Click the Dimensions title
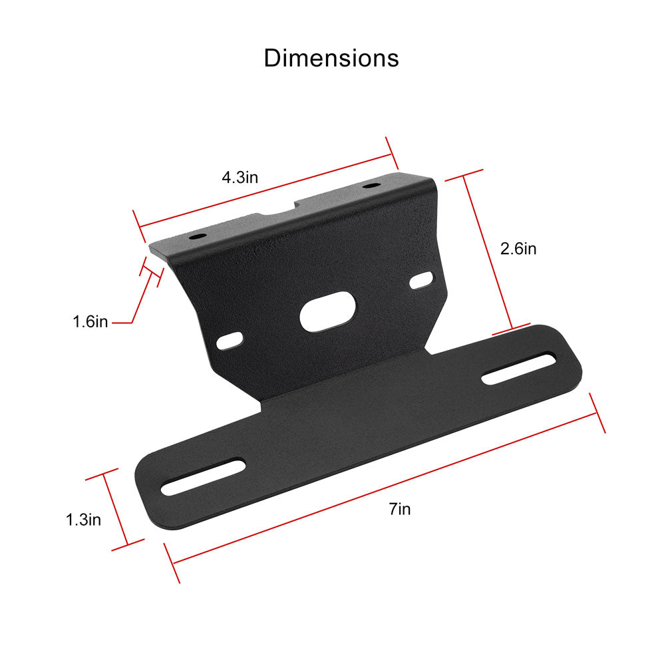pos(331,58)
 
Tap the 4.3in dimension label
pos(240,177)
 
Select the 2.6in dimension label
pos(518,248)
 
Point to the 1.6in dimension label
pos(90,321)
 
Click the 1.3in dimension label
pos(83,520)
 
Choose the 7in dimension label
pos(400,509)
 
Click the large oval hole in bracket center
pos(327,311)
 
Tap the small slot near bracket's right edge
pos(421,281)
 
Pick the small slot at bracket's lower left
pos(230,341)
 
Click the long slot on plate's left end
pos(203,476)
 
